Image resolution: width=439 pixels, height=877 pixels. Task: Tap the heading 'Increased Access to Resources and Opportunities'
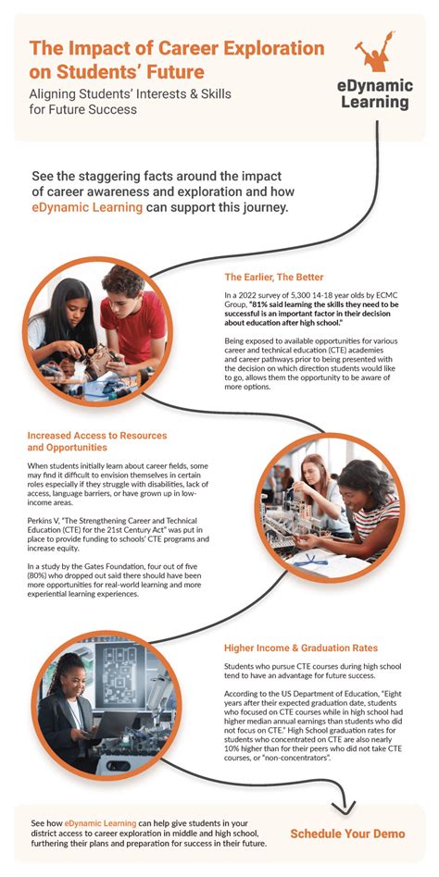[x=88, y=440]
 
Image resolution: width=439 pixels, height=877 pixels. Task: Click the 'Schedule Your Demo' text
[x=347, y=833]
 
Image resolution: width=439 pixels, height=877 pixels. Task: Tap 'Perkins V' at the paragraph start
[x=45, y=519]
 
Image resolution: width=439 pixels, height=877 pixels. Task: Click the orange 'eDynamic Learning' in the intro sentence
[x=87, y=208]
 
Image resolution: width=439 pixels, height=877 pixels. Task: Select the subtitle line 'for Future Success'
[x=83, y=109]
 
